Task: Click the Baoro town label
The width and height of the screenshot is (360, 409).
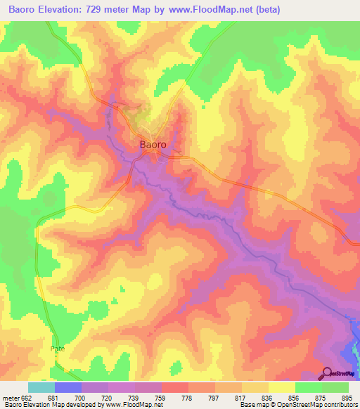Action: [153, 144]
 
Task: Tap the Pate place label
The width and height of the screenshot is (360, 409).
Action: [58, 349]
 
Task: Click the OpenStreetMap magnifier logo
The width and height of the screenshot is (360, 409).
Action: [327, 374]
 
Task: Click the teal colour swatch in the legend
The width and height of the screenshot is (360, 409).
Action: [41, 387]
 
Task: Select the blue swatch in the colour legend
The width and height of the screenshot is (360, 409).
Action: [68, 387]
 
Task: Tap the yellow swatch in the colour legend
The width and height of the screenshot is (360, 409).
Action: [282, 387]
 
